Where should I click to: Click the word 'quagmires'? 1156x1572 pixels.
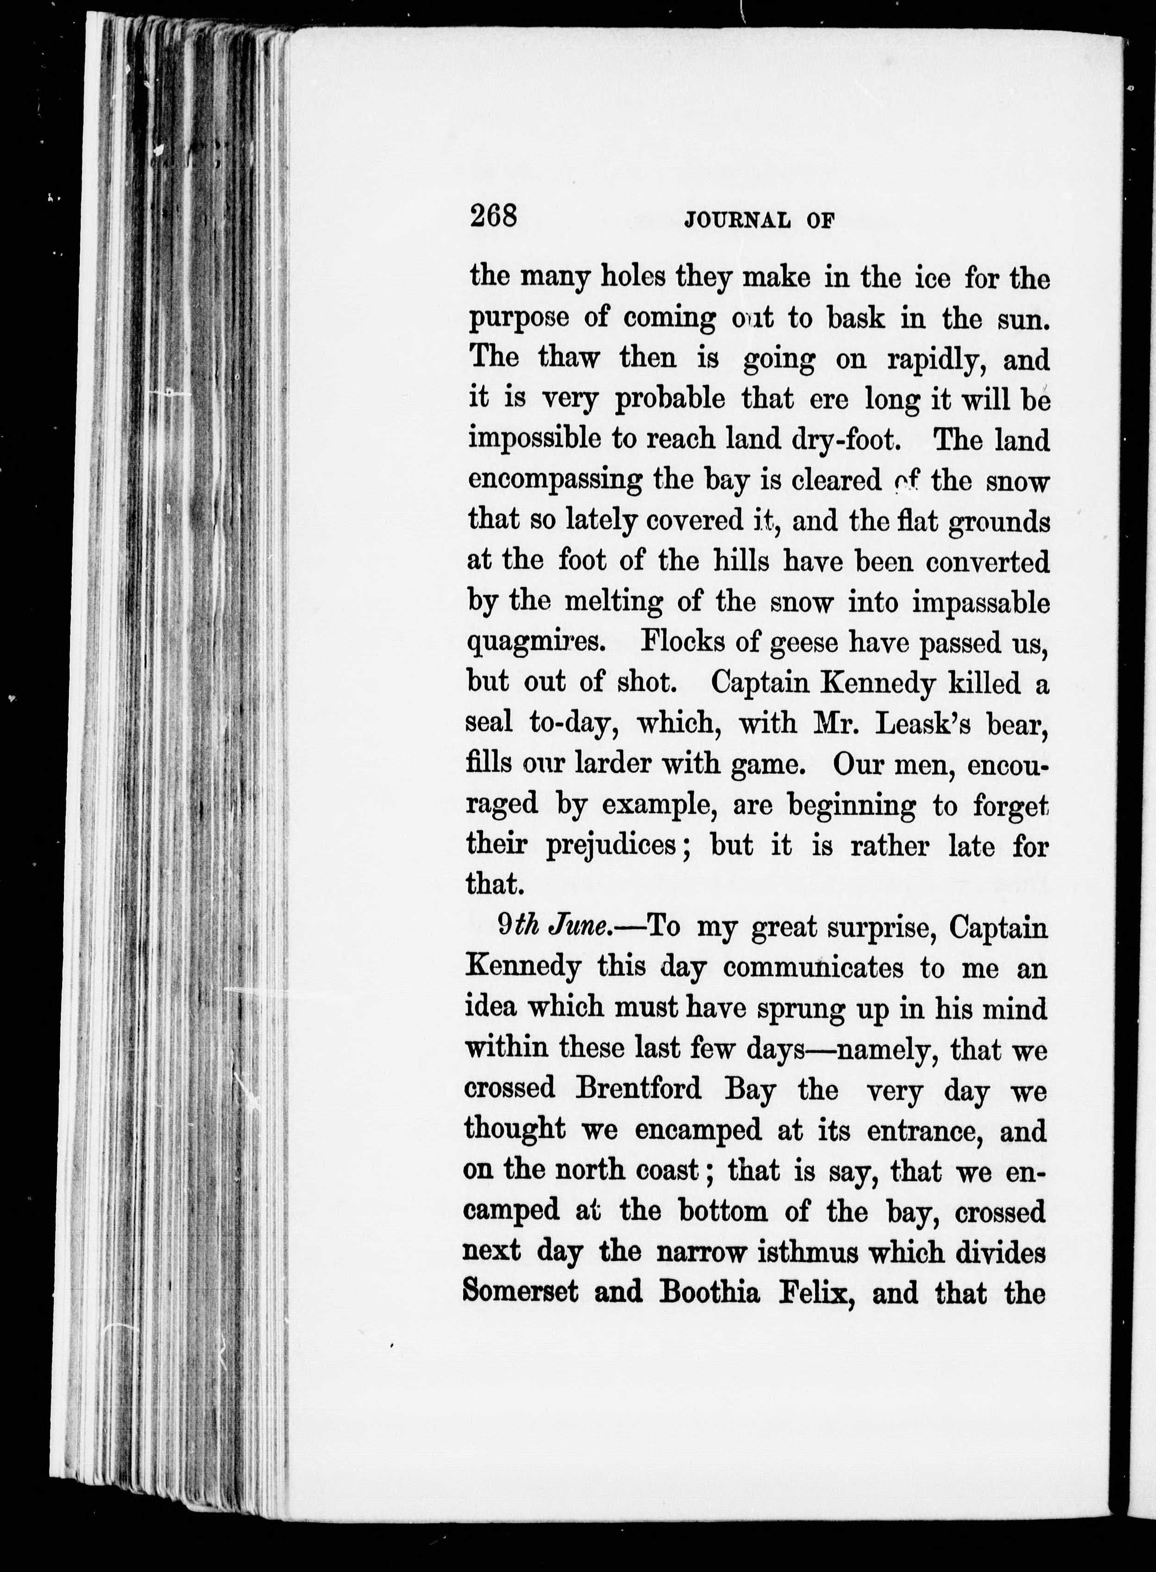pos(534,643)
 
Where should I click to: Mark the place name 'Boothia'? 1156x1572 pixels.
pos(709,1292)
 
